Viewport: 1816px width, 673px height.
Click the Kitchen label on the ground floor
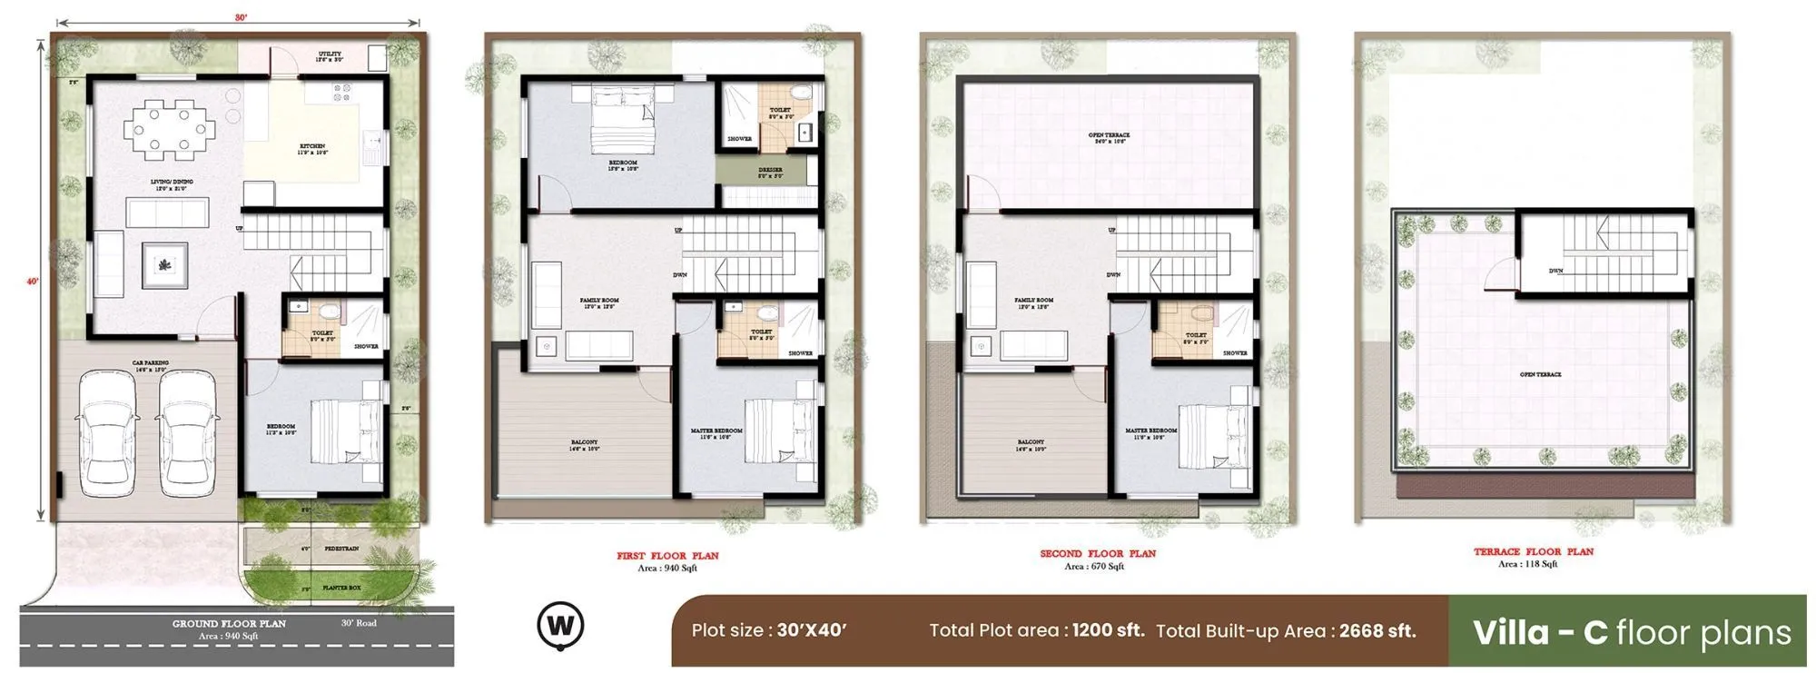(x=313, y=149)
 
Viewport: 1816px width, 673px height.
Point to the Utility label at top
(x=330, y=56)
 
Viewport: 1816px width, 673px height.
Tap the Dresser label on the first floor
(x=770, y=173)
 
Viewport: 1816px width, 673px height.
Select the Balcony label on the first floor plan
(x=584, y=445)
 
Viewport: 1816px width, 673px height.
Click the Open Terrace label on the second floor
(x=1109, y=138)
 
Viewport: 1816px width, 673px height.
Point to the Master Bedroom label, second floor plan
(x=1150, y=433)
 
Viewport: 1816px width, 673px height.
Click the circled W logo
(x=560, y=626)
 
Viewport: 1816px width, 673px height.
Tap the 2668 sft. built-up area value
(x=1377, y=631)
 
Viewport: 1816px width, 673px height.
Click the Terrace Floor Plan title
(x=1534, y=551)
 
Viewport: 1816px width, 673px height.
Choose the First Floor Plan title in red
(x=667, y=556)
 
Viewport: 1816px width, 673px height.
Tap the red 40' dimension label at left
(x=33, y=282)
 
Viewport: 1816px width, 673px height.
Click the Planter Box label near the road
(x=341, y=588)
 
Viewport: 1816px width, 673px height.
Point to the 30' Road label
(x=359, y=623)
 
